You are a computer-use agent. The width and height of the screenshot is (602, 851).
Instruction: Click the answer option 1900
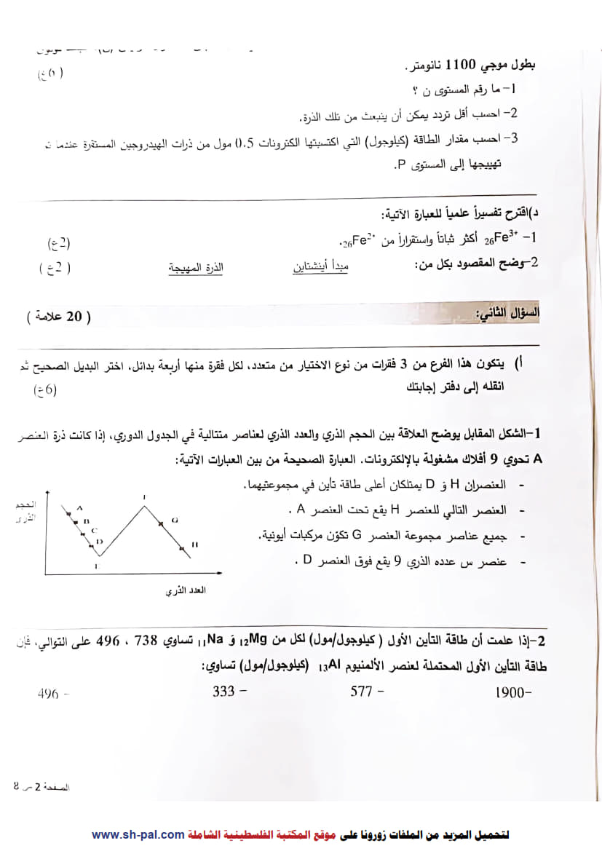[x=510, y=693]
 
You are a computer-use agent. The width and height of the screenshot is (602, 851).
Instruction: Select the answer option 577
[x=362, y=692]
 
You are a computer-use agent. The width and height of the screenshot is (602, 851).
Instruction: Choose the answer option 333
[x=224, y=692]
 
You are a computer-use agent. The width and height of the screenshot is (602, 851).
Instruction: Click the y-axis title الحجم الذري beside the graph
[x=25, y=510]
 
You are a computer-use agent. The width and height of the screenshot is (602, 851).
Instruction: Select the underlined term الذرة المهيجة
[x=196, y=267]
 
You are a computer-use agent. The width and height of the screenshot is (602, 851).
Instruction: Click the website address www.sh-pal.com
[x=138, y=834]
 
